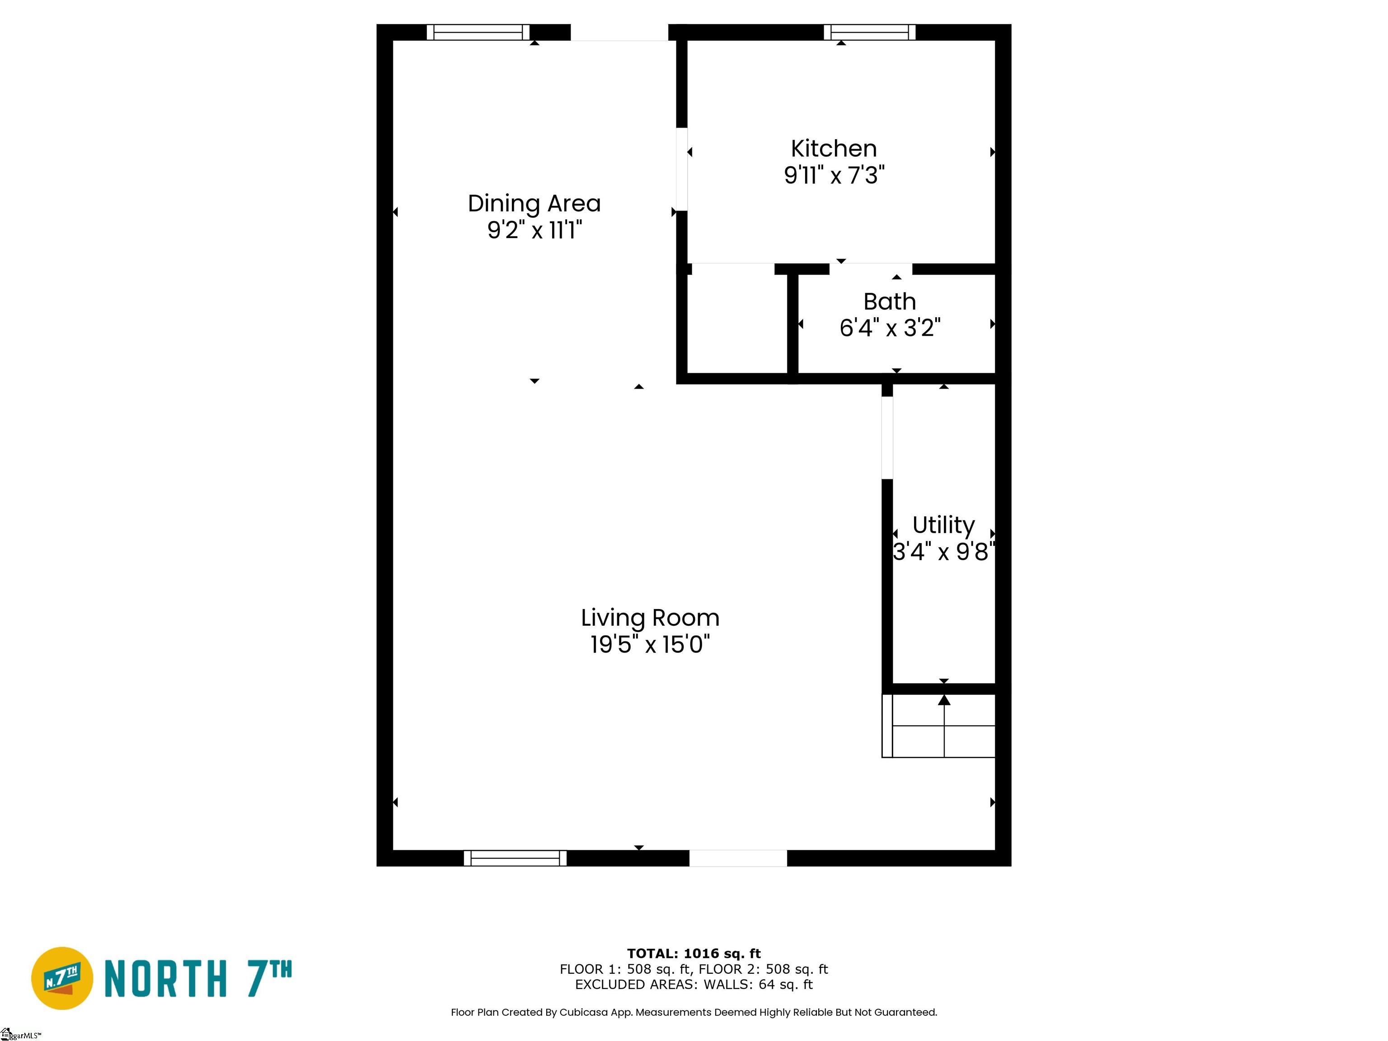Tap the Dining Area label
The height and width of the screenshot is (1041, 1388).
[x=534, y=204]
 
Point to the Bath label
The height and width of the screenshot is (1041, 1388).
[x=889, y=302]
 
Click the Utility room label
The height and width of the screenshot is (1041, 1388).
[x=943, y=525]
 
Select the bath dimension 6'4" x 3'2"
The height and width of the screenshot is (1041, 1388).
[x=890, y=328]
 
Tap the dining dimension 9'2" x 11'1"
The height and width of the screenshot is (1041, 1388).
[x=535, y=230]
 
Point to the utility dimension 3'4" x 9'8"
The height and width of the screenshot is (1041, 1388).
[x=943, y=552]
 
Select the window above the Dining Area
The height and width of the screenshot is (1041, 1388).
[x=478, y=32]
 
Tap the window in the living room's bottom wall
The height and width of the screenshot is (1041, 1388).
[x=515, y=858]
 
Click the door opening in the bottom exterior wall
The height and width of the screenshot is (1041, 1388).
[x=738, y=858]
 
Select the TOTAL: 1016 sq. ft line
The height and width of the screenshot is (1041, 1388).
[x=694, y=954]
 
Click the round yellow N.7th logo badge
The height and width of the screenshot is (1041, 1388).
[x=62, y=978]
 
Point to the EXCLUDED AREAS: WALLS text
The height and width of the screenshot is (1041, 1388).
[x=694, y=985]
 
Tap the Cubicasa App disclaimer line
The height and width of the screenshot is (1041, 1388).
[x=694, y=1012]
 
